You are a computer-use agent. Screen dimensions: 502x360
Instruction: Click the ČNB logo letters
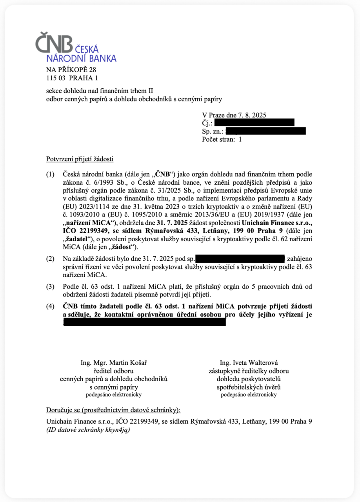coord(54,43)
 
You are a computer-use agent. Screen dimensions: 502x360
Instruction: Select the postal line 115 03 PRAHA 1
coord(72,78)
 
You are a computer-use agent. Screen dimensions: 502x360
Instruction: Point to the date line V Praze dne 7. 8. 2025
coord(234,115)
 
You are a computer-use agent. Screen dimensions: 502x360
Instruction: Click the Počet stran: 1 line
coord(222,139)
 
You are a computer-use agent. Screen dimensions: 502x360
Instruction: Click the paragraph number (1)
coord(51,174)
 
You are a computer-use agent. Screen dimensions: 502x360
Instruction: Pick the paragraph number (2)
coord(51,259)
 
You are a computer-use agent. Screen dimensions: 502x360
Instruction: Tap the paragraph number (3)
coord(51,287)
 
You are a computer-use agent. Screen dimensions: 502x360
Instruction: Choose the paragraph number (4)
coord(51,306)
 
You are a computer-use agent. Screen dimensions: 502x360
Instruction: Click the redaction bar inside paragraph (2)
coord(240,259)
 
